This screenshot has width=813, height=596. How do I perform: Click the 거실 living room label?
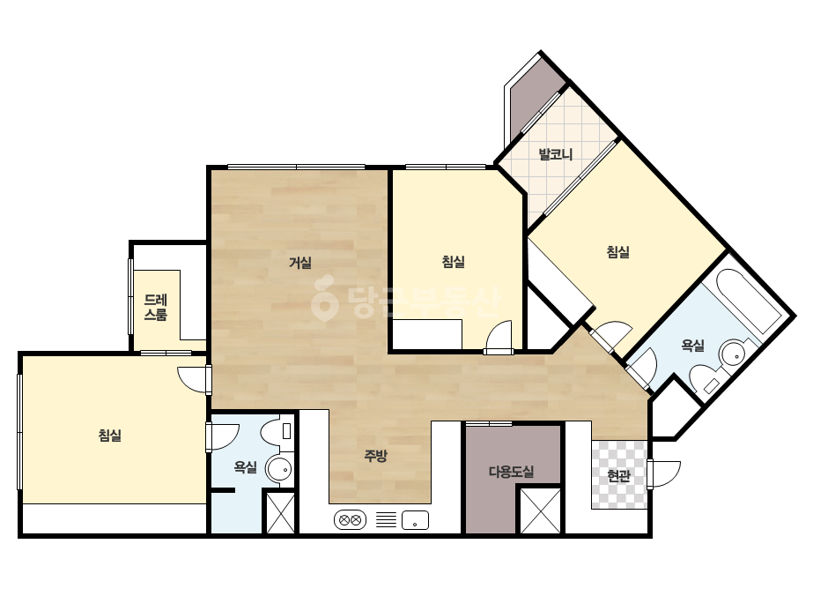(x=300, y=263)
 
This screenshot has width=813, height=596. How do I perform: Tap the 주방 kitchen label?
(x=375, y=457)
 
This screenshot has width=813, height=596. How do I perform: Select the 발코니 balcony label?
(x=555, y=154)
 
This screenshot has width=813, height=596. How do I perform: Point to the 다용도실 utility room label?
(x=511, y=472)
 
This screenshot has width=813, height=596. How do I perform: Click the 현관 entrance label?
(x=618, y=475)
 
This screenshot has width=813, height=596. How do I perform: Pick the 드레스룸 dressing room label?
(x=156, y=308)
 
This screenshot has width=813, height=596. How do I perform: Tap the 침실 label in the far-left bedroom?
(x=110, y=435)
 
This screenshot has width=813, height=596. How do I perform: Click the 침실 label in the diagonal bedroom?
(x=618, y=252)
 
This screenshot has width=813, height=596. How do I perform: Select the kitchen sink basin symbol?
(x=415, y=519)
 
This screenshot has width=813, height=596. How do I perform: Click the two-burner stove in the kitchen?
(x=350, y=519)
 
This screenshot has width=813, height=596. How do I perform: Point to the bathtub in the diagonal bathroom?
(x=748, y=302)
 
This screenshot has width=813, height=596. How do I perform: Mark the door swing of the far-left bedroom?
(x=194, y=379)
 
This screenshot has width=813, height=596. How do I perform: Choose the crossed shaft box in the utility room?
(x=540, y=510)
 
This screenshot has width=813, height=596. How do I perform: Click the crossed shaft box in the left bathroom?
(x=280, y=512)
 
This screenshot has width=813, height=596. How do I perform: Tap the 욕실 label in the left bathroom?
(x=245, y=467)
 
